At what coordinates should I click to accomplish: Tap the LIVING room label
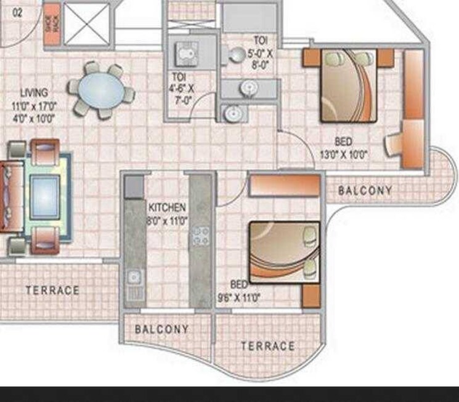pos(30,92)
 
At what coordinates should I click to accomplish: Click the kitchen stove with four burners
pos(201,236)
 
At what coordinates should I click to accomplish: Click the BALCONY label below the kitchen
pos(161,329)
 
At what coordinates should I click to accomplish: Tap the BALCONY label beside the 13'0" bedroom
pos(365,191)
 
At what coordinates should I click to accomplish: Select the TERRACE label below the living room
pos(52,290)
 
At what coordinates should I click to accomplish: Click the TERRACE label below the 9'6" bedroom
pos(267,346)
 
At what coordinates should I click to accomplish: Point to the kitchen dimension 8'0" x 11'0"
pos(167,219)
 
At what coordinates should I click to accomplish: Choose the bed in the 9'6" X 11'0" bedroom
pos(283,251)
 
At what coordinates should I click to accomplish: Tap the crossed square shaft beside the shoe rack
pos(87,24)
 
